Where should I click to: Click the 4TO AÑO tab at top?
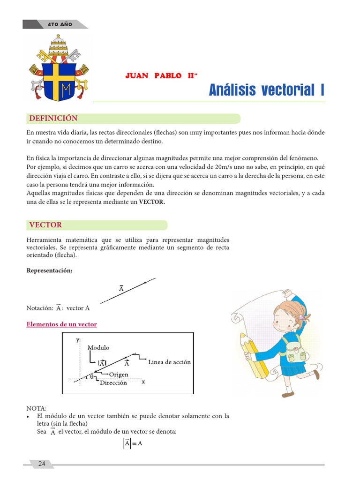pos(60,24)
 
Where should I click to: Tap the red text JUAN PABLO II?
pos(159,76)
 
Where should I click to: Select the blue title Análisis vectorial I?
pos(266,90)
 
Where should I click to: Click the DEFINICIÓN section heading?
pos(53,118)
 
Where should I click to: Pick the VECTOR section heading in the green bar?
pos(45,225)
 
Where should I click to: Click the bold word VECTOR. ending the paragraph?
pos(152,202)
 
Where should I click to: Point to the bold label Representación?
pos(50,271)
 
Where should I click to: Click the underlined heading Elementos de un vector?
pos(62,324)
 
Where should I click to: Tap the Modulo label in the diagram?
pos(98,347)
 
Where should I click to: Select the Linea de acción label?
pos(169,362)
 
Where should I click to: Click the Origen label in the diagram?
pos(119,375)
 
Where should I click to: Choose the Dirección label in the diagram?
pos(113,383)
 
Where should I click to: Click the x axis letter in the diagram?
pos(143,382)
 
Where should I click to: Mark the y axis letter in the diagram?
pos(77,340)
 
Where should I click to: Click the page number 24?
pos(42,464)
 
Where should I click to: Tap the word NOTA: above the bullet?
pos(37,408)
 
